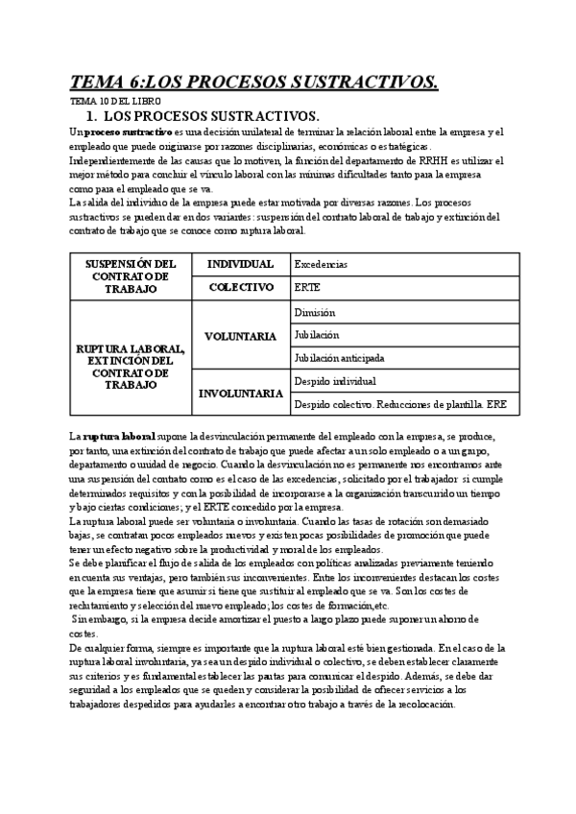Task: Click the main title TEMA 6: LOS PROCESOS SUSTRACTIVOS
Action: (254, 83)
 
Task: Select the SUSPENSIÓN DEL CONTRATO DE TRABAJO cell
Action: (131, 275)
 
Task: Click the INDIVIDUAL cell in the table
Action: (241, 264)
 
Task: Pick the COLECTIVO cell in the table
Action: (241, 286)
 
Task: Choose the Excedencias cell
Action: (322, 264)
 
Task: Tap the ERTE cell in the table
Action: (306, 287)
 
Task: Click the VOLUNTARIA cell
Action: (241, 336)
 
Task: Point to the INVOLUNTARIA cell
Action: (241, 393)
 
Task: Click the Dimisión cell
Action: (315, 312)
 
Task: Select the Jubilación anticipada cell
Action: (339, 358)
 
